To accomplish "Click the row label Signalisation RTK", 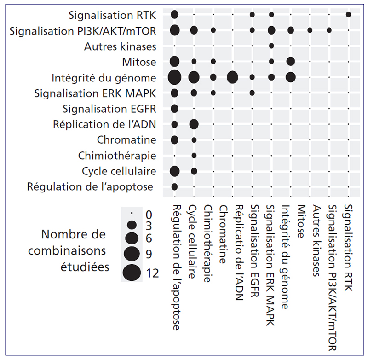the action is pos(112,16).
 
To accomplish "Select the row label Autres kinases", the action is pos(120,46).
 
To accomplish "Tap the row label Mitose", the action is pos(139,62).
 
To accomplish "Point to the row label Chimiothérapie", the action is pos(117,156).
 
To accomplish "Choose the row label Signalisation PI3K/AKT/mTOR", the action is pos(83,31).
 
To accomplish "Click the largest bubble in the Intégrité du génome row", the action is pos(175,77).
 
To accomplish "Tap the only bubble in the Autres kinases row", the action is pos(271,46).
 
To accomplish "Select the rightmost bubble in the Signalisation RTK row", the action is pos(349,15).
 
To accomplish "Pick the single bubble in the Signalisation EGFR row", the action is pos(175,109).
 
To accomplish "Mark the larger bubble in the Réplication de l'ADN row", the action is pos(194,124).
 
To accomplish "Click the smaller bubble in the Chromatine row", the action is pos(194,140).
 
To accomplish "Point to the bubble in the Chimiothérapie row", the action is pos(194,156).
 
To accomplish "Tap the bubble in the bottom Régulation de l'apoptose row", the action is pos(175,187).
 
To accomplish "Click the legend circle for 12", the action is pos(132,273).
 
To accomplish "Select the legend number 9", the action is pos(149,254).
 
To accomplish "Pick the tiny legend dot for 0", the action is pos(132,213).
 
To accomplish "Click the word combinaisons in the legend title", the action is pos(67,251).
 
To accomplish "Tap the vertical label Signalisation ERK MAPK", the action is pos(270,265).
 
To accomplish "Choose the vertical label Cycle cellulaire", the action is pos(192,242).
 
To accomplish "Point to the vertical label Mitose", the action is pos(301,221).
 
